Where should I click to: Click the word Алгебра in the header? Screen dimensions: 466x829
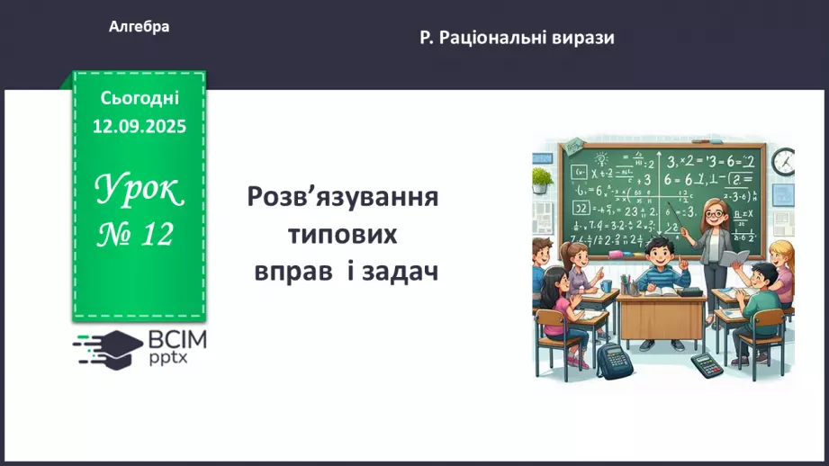pyautogui.click(x=139, y=27)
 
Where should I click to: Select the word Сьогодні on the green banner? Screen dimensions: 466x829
pyautogui.click(x=140, y=98)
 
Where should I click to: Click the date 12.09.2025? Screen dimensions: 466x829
pyautogui.click(x=140, y=126)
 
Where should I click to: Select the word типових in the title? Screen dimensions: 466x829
pyautogui.click(x=343, y=234)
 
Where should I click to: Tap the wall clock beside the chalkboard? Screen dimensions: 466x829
pyautogui.click(x=782, y=162)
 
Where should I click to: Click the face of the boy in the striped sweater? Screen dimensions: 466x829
pyautogui.click(x=657, y=253)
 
